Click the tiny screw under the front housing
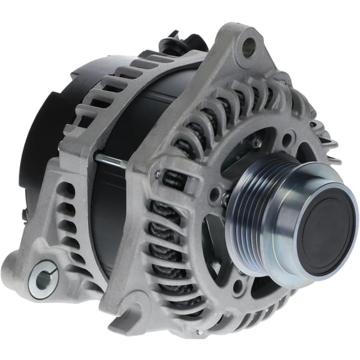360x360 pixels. click(x=198, y=332)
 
